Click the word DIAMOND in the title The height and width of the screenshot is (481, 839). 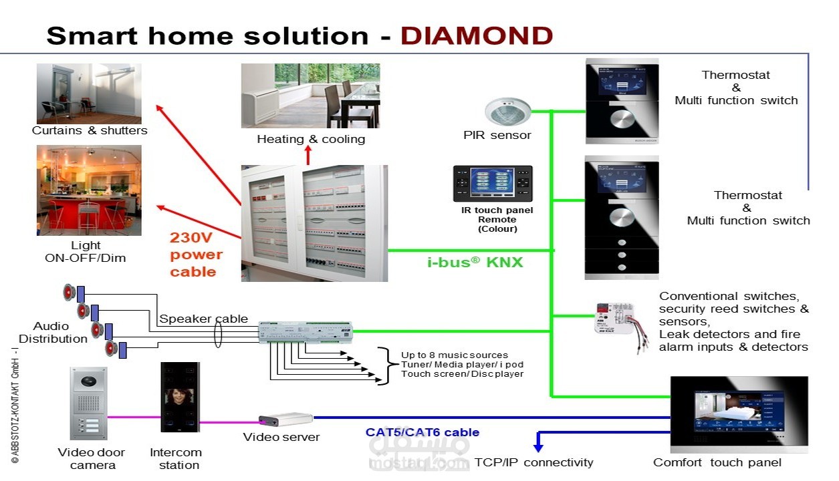tap(476, 35)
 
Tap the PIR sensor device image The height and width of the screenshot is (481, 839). tap(507, 112)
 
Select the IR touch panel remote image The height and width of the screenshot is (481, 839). tap(493, 184)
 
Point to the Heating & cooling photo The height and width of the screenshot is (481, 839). tap(310, 96)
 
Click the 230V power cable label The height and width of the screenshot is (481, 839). tap(195, 255)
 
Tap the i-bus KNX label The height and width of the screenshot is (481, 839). tap(475, 263)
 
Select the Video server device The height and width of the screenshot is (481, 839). tap(285, 420)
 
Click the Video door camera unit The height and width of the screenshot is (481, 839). tap(88, 404)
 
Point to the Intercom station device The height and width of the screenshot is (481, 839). tap(180, 397)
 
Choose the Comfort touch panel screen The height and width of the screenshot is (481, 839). tap(738, 414)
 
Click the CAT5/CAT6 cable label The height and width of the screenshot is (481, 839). tap(422, 432)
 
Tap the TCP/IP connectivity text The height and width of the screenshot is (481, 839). tap(533, 462)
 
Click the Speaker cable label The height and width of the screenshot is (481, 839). tap(203, 319)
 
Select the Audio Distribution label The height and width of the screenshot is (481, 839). tap(53, 332)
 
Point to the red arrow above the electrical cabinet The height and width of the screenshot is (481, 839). tap(308, 155)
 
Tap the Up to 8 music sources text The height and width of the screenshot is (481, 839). tap(454, 355)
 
